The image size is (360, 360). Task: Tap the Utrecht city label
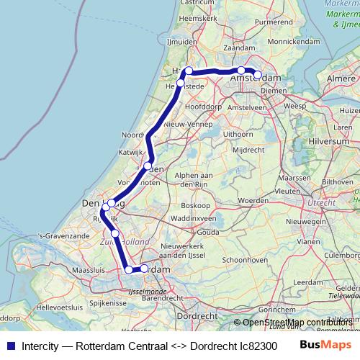pyautogui.click(x=320, y=204)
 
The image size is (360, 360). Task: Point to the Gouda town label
pyautogui.click(x=207, y=233)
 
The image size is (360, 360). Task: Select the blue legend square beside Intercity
pyautogui.click(x=9, y=345)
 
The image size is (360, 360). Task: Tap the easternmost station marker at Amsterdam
pyautogui.click(x=257, y=74)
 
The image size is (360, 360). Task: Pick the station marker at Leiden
pyautogui.click(x=148, y=166)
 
